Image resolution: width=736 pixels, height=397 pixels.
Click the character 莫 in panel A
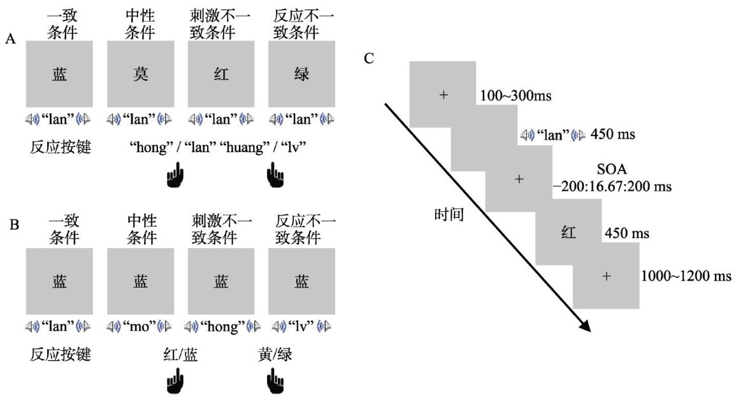(140, 74)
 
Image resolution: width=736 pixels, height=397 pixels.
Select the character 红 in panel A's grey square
(221, 74)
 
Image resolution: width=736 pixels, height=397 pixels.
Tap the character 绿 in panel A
(302, 74)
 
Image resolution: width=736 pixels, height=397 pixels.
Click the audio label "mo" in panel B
(140, 326)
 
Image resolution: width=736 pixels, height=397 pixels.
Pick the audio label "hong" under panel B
(221, 326)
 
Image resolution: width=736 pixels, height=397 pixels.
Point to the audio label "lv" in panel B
(302, 326)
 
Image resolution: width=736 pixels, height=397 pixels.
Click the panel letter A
(10, 39)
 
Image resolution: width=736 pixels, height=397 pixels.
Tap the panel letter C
(369, 59)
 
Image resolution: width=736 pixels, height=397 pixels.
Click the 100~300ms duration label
(513, 97)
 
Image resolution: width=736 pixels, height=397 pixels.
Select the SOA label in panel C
(611, 170)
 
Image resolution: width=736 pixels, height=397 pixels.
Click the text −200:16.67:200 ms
(612, 187)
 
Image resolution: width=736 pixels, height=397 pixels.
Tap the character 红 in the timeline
(568, 233)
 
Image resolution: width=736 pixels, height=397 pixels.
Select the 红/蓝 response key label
(180, 355)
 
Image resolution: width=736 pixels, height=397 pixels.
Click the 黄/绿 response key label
(275, 355)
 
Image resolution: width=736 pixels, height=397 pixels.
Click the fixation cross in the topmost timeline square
(444, 95)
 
